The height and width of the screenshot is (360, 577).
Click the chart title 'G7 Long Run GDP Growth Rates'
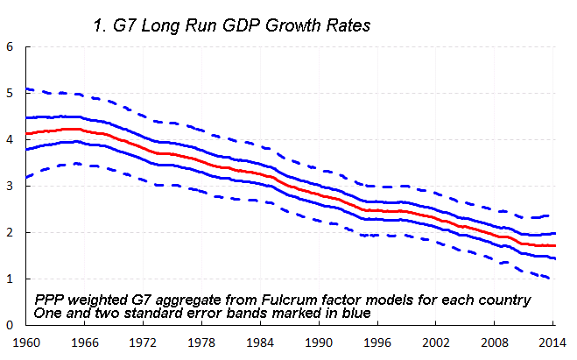coord(232,25)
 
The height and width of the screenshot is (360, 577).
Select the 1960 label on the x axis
coord(28,342)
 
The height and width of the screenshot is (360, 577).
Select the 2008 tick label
coord(496,342)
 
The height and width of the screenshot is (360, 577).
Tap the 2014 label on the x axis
coord(550,342)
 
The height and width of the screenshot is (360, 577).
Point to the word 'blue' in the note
coord(296,313)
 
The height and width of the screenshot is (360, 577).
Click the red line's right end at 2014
coord(555,246)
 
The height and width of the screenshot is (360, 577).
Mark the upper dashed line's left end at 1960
coord(28,88)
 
